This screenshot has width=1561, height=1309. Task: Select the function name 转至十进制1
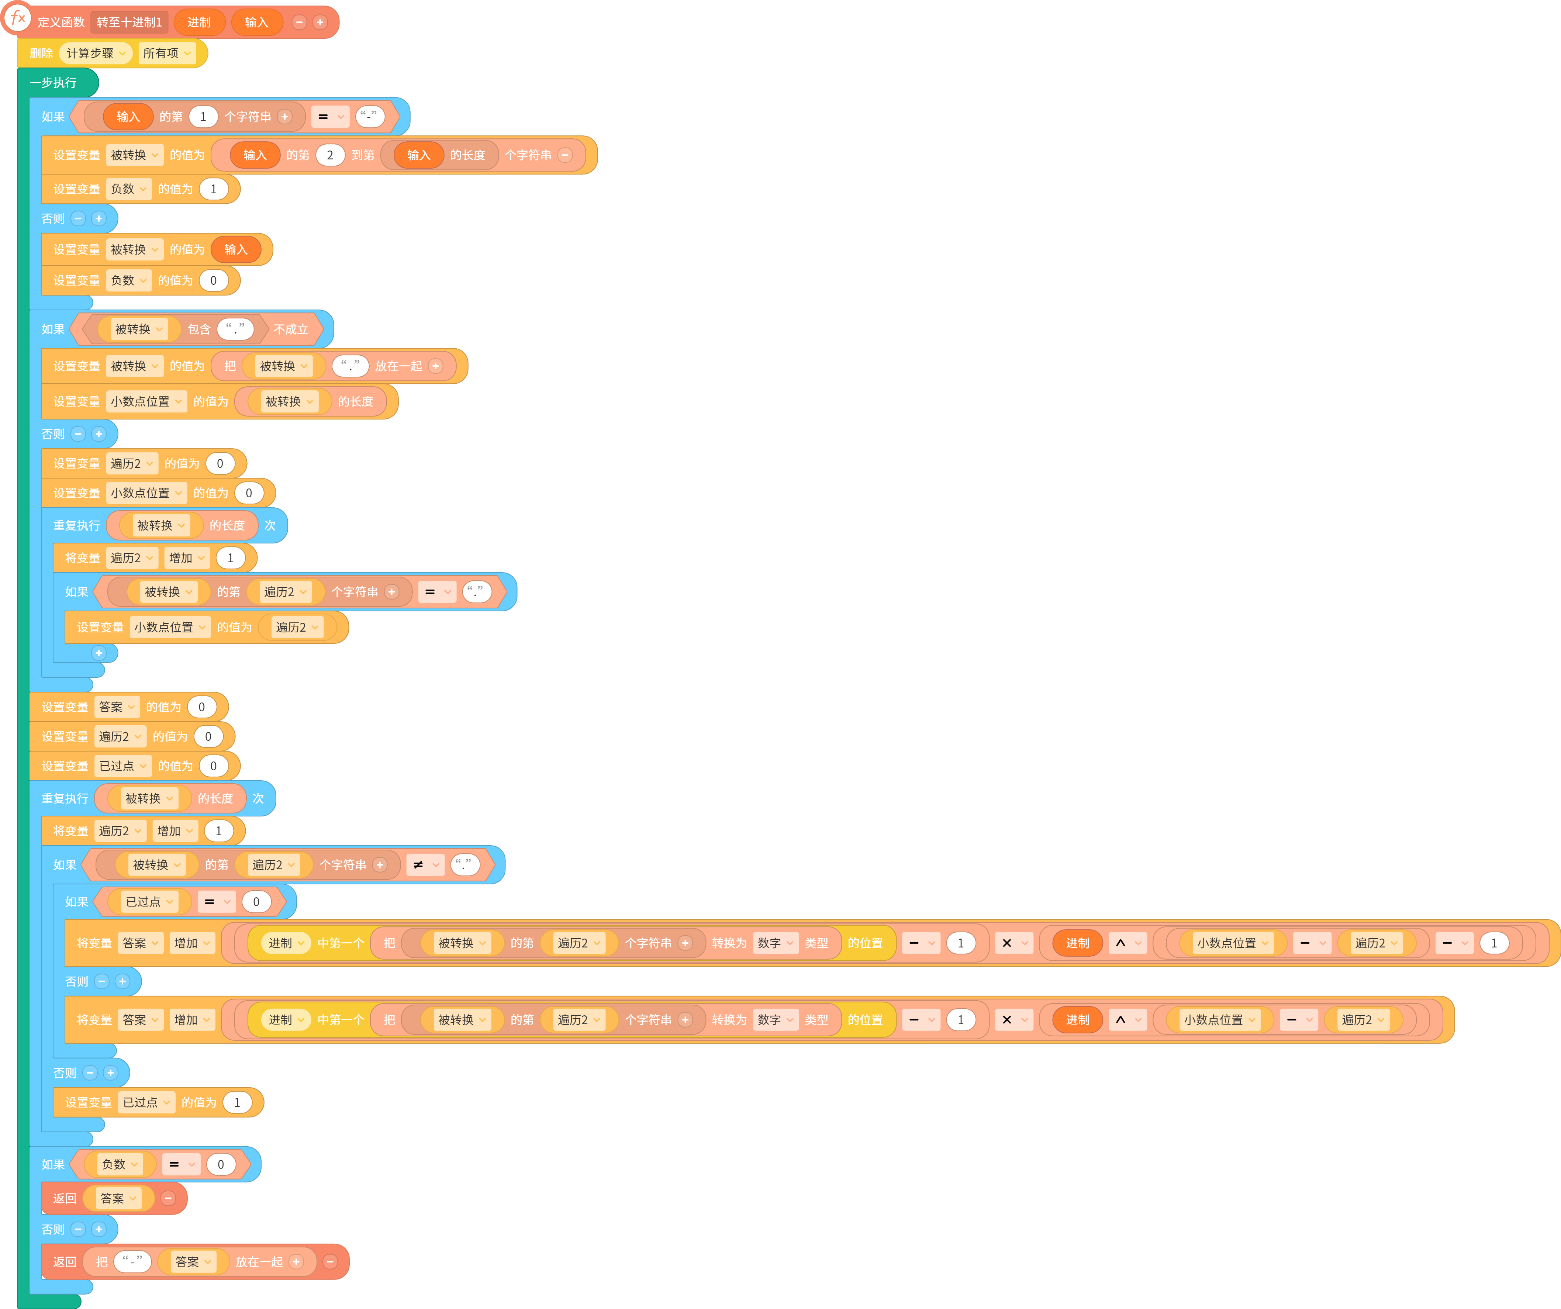pos(129,22)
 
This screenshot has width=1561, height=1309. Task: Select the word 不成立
pos(291,329)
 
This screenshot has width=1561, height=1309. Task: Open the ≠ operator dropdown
pos(425,864)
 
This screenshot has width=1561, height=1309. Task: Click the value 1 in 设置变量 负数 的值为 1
pos(213,189)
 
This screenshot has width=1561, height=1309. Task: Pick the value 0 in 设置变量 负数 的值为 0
pos(213,280)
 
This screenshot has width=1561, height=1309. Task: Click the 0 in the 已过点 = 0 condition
pos(256,902)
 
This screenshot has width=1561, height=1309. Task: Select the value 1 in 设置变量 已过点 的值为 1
pos(237,1102)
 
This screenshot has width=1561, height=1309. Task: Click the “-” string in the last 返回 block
pos(132,1261)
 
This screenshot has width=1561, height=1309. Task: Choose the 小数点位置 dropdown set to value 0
pos(146,493)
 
